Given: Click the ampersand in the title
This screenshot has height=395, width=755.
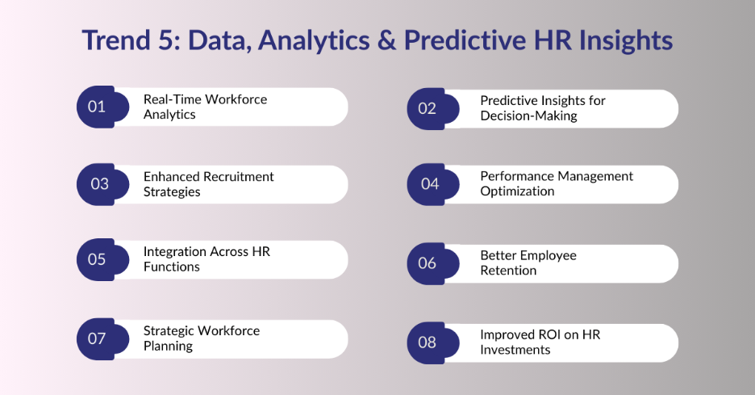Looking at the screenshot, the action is tap(386, 40).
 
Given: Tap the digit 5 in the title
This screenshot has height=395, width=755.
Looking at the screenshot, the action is tap(165, 40).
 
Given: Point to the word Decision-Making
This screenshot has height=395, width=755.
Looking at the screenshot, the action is tap(528, 116).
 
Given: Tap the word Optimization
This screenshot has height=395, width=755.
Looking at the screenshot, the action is tap(517, 191).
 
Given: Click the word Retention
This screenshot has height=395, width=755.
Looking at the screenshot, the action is tap(508, 271).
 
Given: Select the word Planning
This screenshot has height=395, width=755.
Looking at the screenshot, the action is tap(168, 347).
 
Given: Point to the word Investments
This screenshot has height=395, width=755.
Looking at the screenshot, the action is tap(515, 350).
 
